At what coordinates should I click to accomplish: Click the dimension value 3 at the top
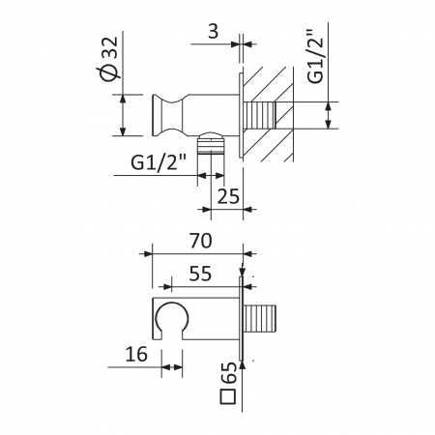pyautogui.click(x=214, y=32)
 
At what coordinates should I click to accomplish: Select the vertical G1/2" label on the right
pyautogui.click(x=315, y=57)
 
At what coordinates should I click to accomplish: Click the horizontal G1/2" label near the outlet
pyautogui.click(x=159, y=162)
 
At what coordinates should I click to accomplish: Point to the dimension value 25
pyautogui.click(x=228, y=196)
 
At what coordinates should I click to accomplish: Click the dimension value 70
pyautogui.click(x=201, y=241)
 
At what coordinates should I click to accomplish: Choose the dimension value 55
pyautogui.click(x=200, y=274)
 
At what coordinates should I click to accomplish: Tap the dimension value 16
pyautogui.click(x=136, y=354)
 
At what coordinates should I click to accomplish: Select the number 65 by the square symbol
pyautogui.click(x=229, y=372)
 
